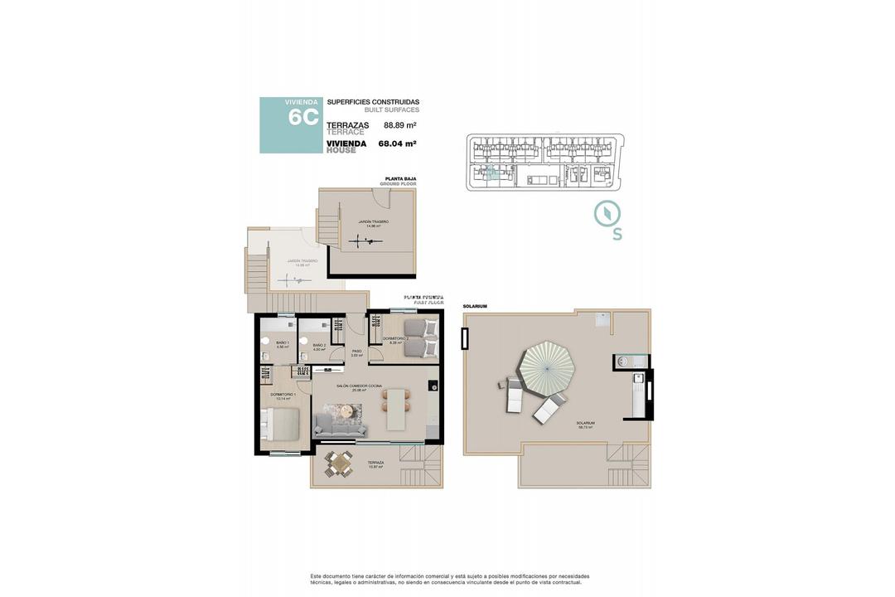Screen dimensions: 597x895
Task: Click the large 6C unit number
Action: (x=302, y=117)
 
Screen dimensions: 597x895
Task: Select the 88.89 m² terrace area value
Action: (x=399, y=125)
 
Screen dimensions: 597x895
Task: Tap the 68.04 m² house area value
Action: (x=397, y=143)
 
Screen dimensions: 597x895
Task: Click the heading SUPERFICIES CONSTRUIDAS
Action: (x=373, y=102)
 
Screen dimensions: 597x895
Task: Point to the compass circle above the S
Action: (x=607, y=213)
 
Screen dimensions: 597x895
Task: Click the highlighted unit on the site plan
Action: (x=491, y=172)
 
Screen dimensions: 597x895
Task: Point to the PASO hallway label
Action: (x=356, y=352)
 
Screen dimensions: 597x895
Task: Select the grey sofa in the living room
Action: (x=340, y=425)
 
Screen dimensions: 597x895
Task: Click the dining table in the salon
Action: (x=396, y=410)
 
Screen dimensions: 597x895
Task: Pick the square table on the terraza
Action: (x=338, y=464)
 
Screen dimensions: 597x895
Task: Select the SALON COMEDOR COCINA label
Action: (x=358, y=386)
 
